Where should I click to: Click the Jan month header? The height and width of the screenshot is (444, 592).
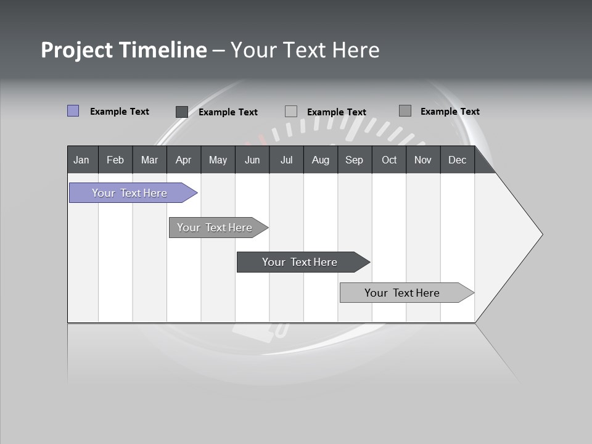tap(82, 160)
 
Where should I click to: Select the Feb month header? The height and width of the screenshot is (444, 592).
tap(115, 160)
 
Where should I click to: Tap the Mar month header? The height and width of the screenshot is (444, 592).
tap(149, 160)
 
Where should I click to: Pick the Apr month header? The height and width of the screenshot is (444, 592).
tap(184, 160)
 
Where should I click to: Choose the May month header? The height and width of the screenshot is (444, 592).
tap(218, 160)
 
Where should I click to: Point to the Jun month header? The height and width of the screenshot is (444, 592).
tap(252, 160)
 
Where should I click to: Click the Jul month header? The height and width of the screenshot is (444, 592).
tap(286, 160)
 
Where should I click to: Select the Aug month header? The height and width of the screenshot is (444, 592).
tap(321, 160)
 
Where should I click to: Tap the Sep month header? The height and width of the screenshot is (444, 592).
tap(355, 160)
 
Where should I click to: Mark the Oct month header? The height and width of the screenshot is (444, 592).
tap(389, 160)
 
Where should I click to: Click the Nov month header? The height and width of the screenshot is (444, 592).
tap(423, 160)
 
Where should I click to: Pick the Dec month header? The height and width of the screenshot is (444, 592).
tap(458, 160)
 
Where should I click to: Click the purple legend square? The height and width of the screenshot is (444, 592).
tap(73, 111)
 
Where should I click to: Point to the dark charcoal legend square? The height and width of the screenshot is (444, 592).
tap(182, 112)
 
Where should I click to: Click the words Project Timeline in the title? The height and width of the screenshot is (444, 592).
tap(123, 50)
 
